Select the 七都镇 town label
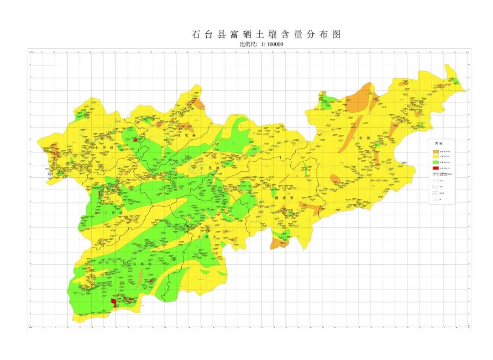pyautogui.click(x=359, y=138)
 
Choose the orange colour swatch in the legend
pyautogui.click(x=436, y=152)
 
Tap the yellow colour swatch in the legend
pyautogui.click(x=436, y=157)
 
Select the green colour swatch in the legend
pyautogui.click(x=436, y=163)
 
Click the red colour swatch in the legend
pyautogui.click(x=436, y=169)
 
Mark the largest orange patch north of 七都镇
pyautogui.click(x=359, y=98)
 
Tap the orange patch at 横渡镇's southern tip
pyautogui.click(x=277, y=243)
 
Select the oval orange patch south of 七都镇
pyautogui.click(x=335, y=178)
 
